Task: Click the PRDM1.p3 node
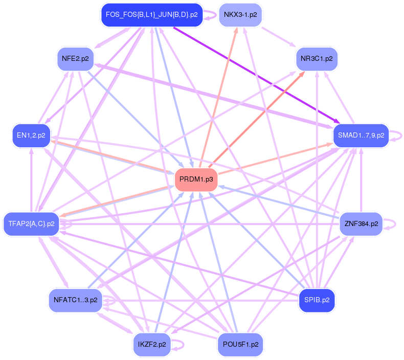pos(196,179)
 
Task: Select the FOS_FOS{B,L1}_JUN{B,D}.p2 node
pos(151,14)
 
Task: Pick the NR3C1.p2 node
pos(317,59)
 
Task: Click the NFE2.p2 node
pos(75,59)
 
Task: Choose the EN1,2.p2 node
pos(31,136)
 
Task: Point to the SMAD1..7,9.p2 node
pos(361,136)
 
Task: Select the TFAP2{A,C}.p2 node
pos(31,224)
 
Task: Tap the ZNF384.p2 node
pos(361,224)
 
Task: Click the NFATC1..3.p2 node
pos(75,300)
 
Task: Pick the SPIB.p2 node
pos(317,300)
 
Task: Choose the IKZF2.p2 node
pos(152,344)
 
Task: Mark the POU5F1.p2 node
pos(240,344)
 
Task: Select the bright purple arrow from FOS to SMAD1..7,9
pos(256,72)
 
